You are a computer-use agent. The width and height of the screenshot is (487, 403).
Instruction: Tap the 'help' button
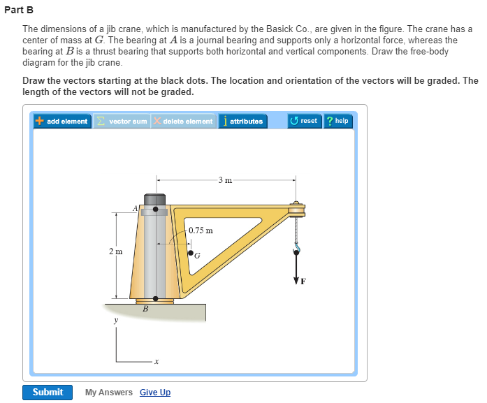point(337,121)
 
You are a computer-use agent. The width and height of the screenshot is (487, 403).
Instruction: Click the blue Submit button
point(48,392)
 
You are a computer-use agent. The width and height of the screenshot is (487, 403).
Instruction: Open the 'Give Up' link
point(155,393)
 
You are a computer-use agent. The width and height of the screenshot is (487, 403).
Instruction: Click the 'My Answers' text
point(109,393)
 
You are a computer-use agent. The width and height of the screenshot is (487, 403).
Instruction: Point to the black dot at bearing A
point(155,209)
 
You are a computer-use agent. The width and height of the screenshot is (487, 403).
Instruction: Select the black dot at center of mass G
point(190,253)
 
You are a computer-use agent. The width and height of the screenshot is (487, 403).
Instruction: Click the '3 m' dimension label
point(224,181)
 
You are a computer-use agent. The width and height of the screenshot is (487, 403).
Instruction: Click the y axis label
point(116,321)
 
